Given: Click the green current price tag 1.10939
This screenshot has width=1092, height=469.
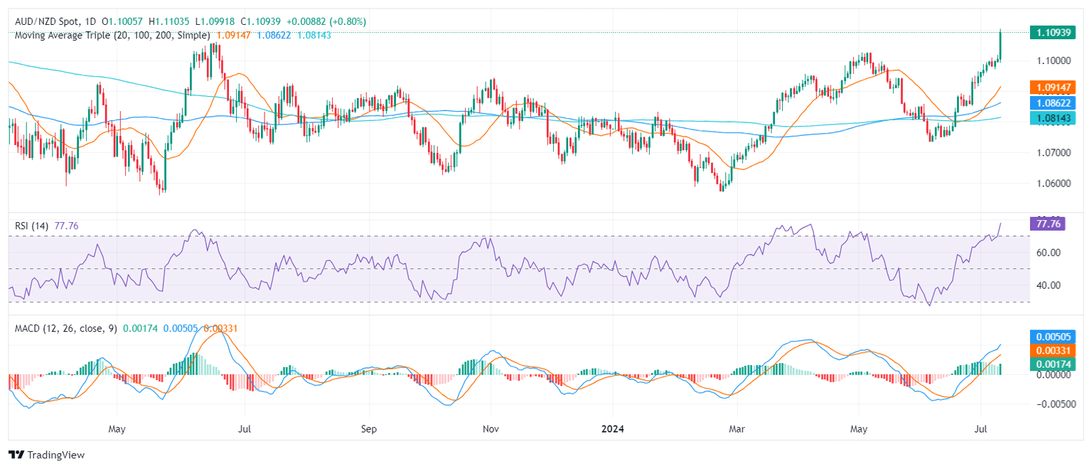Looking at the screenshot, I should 1055,32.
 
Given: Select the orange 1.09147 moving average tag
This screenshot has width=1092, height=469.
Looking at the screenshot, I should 1055,88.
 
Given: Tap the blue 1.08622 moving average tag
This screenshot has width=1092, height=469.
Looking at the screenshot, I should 1055,103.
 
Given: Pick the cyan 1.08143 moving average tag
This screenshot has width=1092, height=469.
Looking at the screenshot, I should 1055,118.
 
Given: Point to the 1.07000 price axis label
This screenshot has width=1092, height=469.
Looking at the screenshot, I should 1054,153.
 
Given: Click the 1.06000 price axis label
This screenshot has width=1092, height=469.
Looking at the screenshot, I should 1054,184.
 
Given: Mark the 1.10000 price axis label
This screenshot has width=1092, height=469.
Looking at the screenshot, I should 1054,60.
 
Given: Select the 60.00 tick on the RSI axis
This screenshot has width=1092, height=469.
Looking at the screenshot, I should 1049,253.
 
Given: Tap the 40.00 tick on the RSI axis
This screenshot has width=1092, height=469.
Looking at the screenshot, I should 1049,285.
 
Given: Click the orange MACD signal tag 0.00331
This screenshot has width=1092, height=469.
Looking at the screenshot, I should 1055,350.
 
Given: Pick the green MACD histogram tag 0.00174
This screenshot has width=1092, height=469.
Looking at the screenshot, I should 1055,364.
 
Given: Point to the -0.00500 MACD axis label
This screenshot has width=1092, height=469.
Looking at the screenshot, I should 1055,404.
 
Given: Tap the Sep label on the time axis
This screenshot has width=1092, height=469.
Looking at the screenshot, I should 368,430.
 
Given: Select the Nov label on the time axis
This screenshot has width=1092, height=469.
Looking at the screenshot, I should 491,430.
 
